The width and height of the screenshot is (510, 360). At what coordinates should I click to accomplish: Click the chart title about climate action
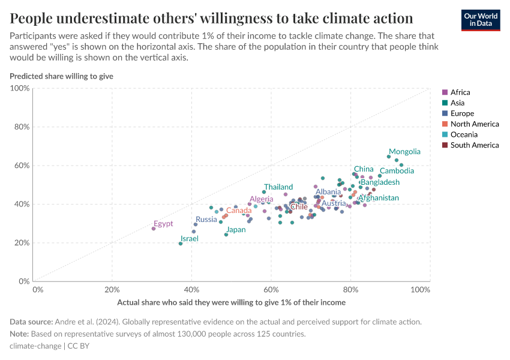pyautogui.click(x=211, y=17)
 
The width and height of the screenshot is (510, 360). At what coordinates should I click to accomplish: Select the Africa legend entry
pyautogui.click(x=460, y=92)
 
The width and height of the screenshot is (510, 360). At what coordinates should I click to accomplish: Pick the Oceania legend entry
pyautogui.click(x=464, y=134)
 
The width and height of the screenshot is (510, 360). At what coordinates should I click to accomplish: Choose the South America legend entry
pyautogui.click(x=474, y=145)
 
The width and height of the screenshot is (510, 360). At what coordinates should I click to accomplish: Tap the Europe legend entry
pyautogui.click(x=461, y=113)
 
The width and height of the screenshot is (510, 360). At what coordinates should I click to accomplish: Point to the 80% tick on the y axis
pyautogui.click(x=20, y=127)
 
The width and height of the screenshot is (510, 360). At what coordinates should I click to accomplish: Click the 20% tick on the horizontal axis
pyautogui.click(x=112, y=290)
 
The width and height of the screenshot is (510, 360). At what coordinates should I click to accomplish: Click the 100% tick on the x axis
pyautogui.click(x=421, y=290)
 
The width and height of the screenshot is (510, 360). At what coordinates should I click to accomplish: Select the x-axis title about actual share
pyautogui.click(x=231, y=302)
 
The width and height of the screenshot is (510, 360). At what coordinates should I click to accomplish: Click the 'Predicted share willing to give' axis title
pyautogui.click(x=61, y=76)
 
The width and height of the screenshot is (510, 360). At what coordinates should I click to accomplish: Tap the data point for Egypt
pyautogui.click(x=154, y=229)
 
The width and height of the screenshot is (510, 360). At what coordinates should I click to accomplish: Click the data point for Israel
pyautogui.click(x=181, y=244)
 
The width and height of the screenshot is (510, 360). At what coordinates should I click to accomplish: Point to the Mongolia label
pyautogui.click(x=404, y=152)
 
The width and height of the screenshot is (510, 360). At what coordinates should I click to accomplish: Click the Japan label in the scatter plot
pyautogui.click(x=236, y=229)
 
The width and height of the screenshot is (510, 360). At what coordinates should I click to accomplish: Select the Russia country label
pyautogui.click(x=206, y=220)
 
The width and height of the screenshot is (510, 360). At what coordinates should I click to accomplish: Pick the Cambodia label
pyautogui.click(x=397, y=171)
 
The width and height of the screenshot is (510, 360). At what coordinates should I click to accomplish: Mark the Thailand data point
pyautogui.click(x=264, y=192)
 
